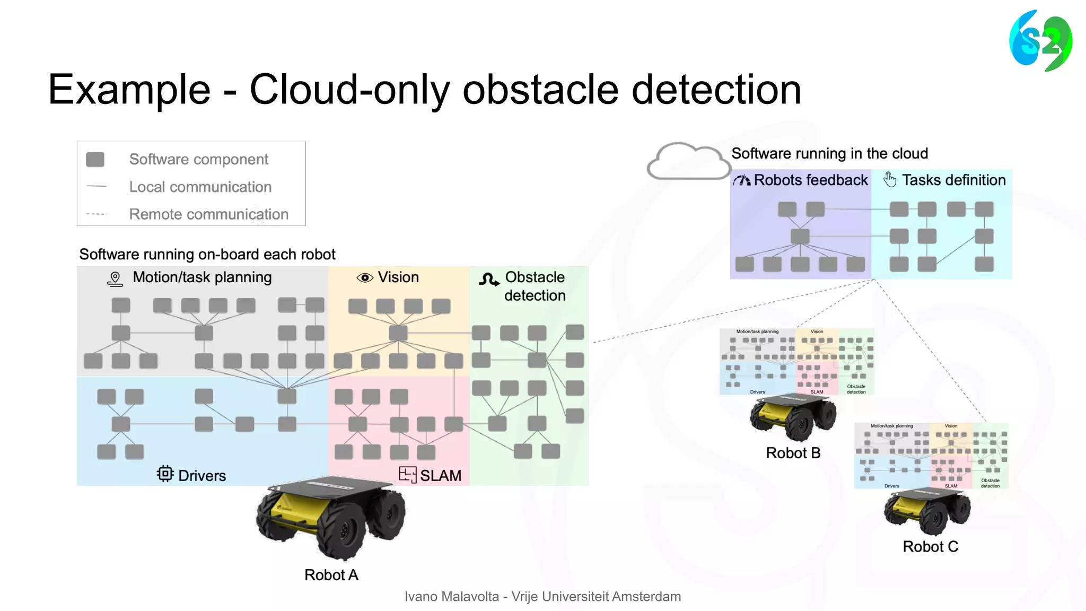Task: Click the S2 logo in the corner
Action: click(1040, 41)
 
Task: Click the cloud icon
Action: click(688, 161)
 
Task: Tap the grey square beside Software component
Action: click(95, 160)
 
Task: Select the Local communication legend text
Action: click(200, 187)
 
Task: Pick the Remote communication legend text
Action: click(208, 214)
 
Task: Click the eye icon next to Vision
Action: click(365, 278)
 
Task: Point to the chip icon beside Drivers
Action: click(165, 474)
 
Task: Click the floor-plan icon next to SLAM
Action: click(407, 474)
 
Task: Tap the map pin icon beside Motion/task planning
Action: click(115, 279)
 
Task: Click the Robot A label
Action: click(331, 575)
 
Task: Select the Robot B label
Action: click(793, 453)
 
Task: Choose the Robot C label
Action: click(931, 547)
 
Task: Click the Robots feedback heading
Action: click(811, 180)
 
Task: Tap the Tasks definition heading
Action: click(953, 180)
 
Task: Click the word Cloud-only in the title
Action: click(349, 89)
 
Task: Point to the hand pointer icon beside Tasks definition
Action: click(890, 180)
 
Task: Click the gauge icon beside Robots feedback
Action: click(742, 181)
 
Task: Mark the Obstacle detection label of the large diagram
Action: click(535, 286)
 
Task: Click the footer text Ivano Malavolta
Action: click(451, 597)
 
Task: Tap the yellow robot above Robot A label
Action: click(331, 517)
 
